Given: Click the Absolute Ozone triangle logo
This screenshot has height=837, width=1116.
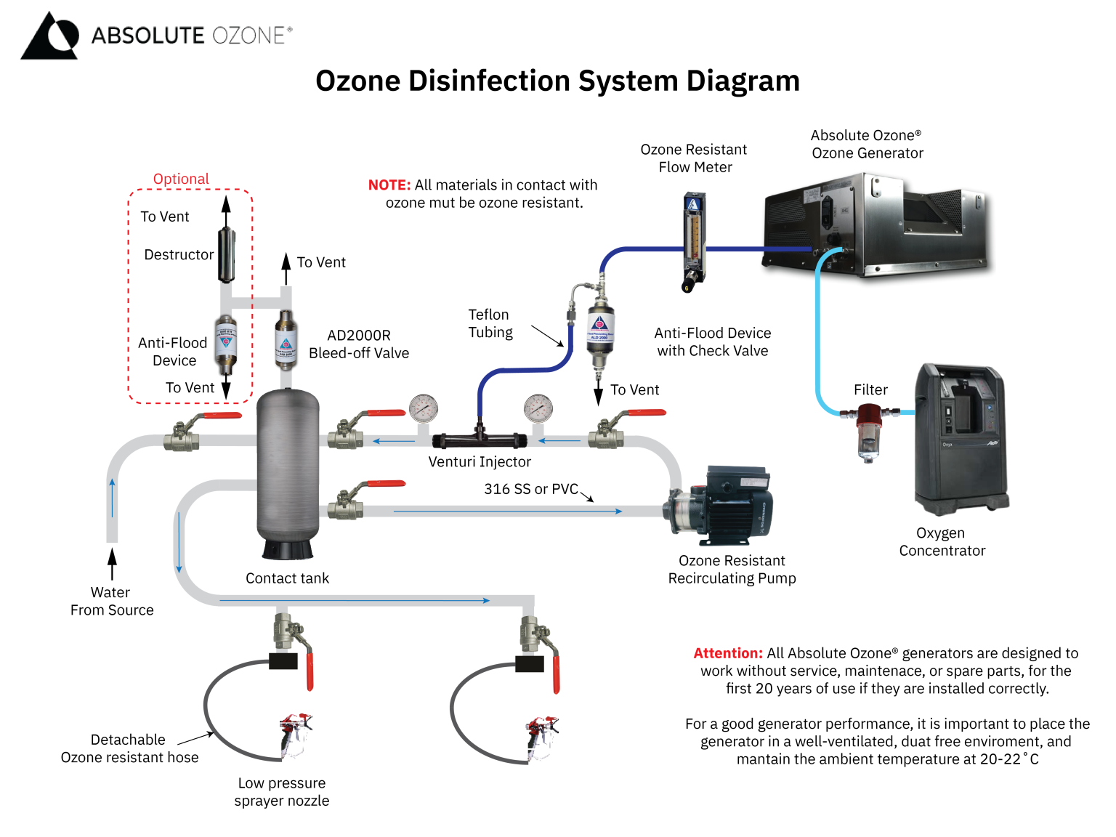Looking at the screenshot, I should tap(49, 36).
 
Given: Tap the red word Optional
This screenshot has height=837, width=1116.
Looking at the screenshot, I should tap(181, 179).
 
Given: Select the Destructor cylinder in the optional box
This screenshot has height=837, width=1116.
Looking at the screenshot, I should tap(226, 255).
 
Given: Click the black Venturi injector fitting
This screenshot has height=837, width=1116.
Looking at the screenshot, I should tap(479, 439).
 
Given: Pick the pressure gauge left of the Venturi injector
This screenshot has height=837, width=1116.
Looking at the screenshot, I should tap(423, 408).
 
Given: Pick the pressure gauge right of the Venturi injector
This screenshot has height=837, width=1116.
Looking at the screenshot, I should tap(538, 408).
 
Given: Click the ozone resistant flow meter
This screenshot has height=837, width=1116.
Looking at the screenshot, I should tap(694, 240).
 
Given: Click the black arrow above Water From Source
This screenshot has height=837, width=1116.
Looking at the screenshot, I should tap(112, 564).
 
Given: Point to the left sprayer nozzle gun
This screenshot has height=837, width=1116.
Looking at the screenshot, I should tap(295, 734).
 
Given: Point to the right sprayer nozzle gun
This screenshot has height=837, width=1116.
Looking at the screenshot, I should tap(541, 735).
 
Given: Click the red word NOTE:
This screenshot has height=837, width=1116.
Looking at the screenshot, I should tap(389, 185).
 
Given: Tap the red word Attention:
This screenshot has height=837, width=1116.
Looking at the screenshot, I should tap(727, 653).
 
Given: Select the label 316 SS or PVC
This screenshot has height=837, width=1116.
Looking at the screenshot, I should tap(530, 489).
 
